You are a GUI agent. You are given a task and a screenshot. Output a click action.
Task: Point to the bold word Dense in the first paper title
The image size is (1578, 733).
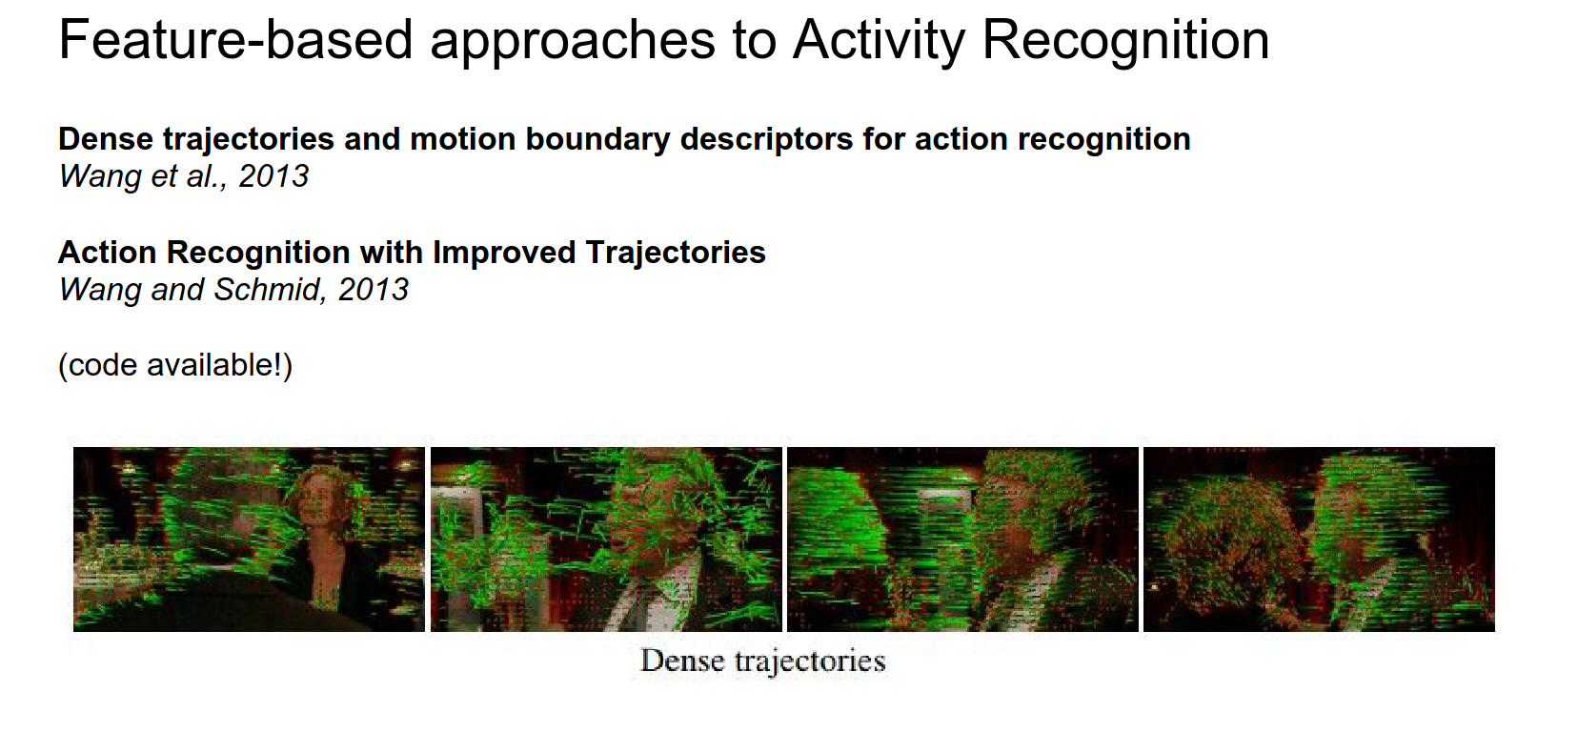[x=106, y=138]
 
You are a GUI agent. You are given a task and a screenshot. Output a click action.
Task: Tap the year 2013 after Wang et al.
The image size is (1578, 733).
[x=274, y=176]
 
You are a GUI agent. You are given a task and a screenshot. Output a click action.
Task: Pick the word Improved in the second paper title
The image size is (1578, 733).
[x=504, y=253]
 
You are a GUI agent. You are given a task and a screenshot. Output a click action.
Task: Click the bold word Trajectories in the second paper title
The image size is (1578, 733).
[x=676, y=253]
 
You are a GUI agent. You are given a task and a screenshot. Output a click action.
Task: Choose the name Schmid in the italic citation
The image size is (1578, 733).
[x=266, y=289]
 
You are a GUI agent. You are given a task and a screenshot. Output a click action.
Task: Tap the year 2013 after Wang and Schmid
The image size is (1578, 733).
[x=374, y=290]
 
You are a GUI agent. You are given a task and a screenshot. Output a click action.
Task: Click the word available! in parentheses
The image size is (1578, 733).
[x=219, y=365]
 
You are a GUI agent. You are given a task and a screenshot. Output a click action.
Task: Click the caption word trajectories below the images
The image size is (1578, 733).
[x=810, y=662]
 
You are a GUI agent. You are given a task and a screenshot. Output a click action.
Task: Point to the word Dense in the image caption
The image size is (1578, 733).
[x=682, y=661]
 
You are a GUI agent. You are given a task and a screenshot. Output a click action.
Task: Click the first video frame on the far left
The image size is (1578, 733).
[x=250, y=540]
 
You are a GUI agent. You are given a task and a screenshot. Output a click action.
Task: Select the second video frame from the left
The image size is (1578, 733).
[x=607, y=540]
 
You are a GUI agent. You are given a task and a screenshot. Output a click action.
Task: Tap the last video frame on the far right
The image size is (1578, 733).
[x=1319, y=540]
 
